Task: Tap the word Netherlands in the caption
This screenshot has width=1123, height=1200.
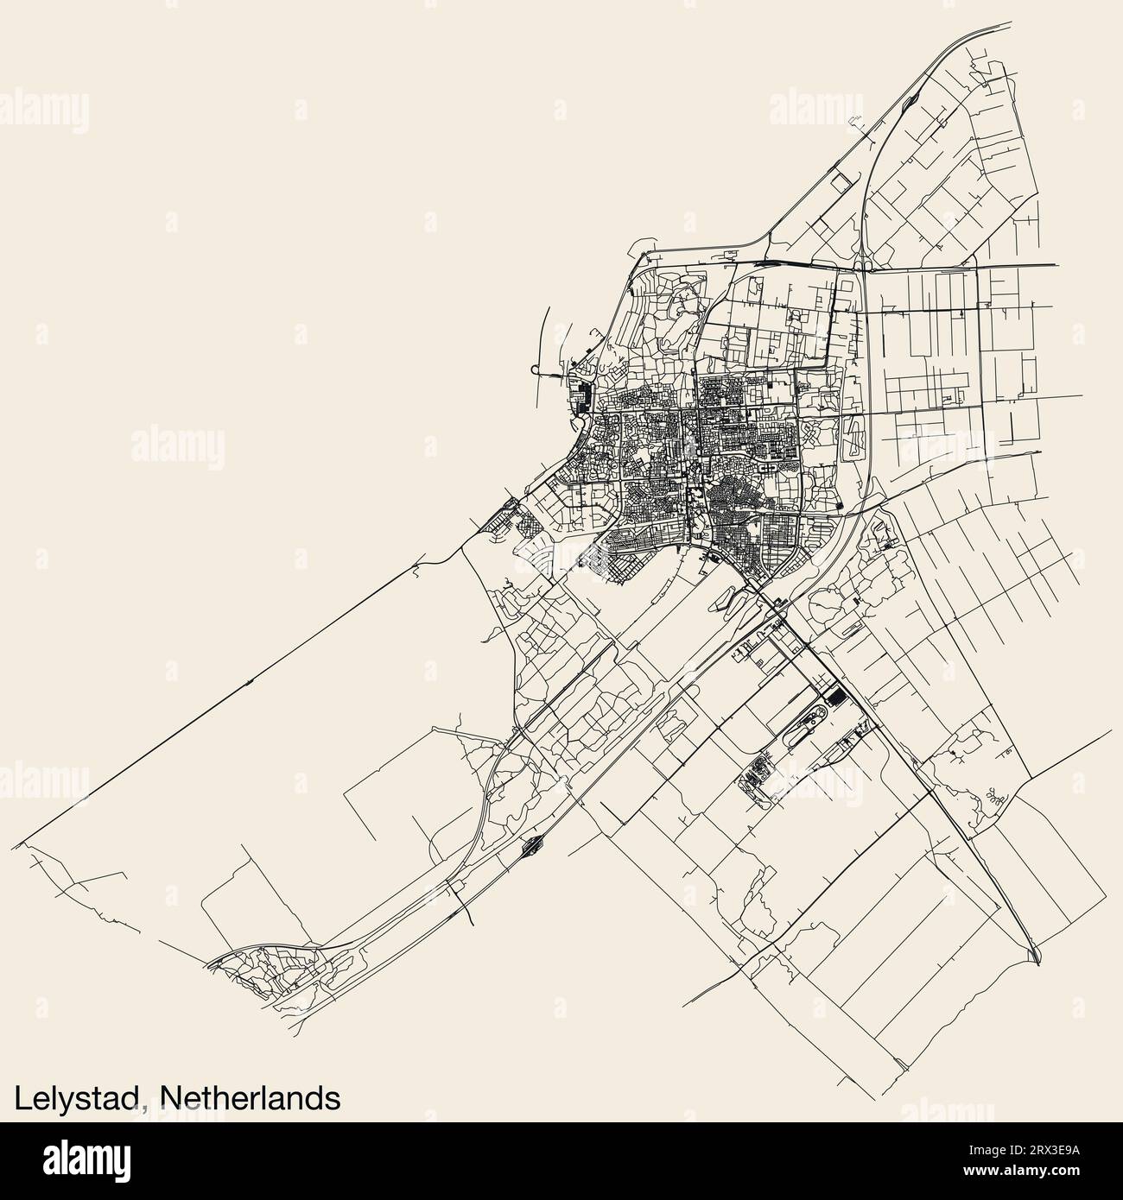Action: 250,1096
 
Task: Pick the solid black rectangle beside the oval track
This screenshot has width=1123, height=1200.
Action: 835,696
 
